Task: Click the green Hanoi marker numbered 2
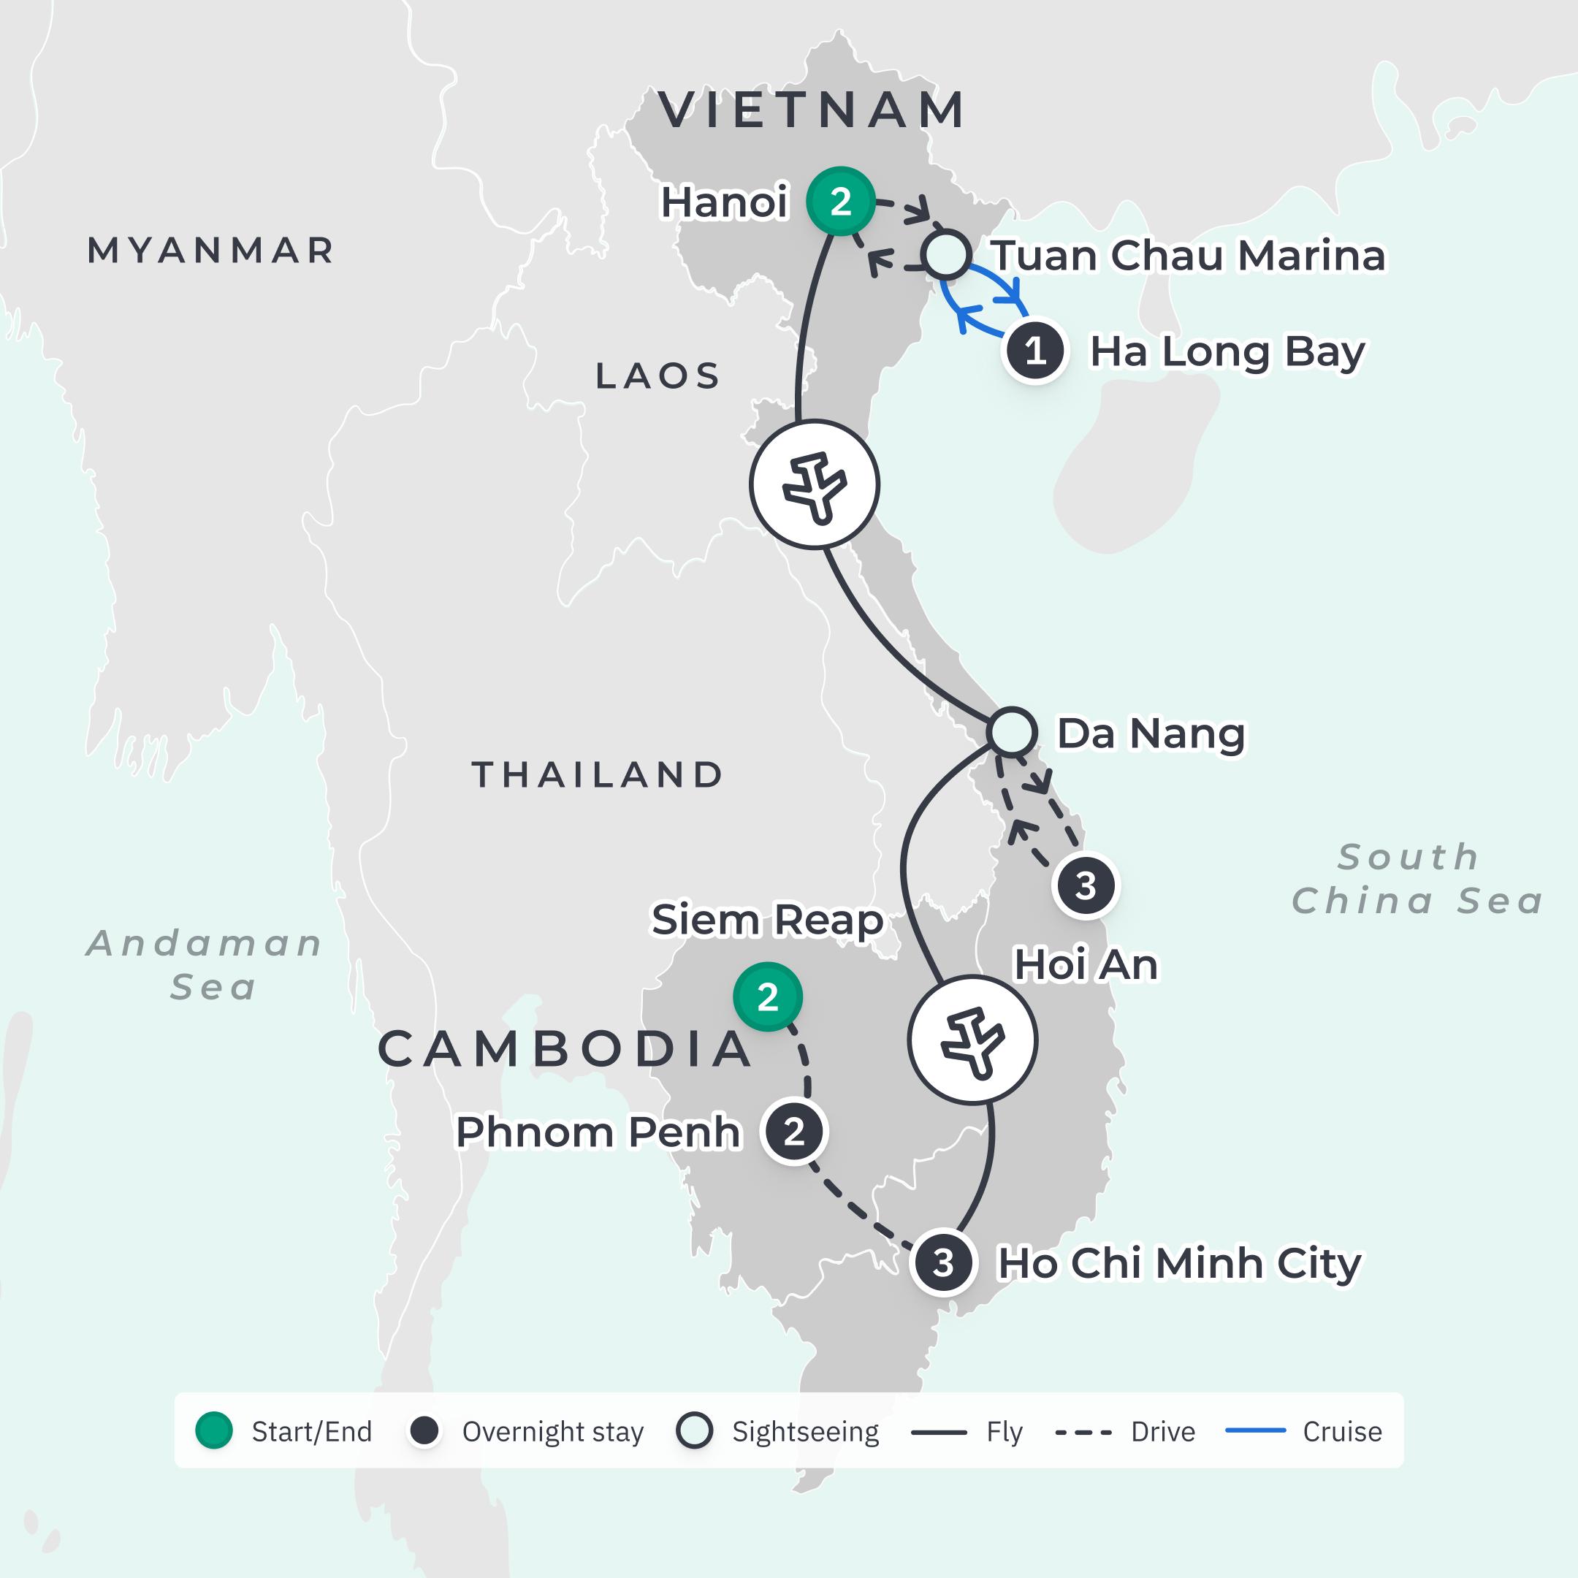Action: point(840,201)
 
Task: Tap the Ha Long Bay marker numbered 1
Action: point(1035,351)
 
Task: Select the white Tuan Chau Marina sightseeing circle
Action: point(946,255)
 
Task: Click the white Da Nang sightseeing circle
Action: point(1011,731)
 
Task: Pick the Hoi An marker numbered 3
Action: point(1085,885)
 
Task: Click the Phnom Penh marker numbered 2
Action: point(794,1132)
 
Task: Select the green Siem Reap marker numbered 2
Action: point(767,996)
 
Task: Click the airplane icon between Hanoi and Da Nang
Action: point(815,484)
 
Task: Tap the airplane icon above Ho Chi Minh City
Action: point(972,1040)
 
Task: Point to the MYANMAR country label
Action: point(210,251)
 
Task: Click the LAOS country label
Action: point(658,376)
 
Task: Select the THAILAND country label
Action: point(598,774)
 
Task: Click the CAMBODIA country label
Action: point(565,1050)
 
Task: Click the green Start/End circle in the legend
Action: point(214,1431)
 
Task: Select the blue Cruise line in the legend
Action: point(1255,1431)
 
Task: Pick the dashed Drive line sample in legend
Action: point(1083,1432)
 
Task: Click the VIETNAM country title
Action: point(812,110)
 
